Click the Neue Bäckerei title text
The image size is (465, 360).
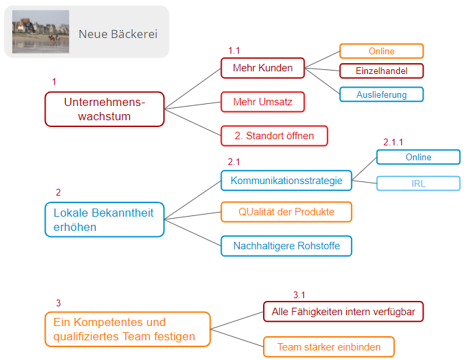118,33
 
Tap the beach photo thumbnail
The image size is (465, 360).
41,31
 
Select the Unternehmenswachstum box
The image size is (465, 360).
105,109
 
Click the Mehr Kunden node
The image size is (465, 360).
262,68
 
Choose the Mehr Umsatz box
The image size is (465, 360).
262,102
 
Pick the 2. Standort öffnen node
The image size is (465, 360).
274,136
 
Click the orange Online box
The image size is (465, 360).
381,51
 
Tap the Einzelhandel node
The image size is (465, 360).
381,71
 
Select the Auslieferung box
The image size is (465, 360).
381,94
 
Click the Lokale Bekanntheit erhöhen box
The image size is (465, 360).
105,219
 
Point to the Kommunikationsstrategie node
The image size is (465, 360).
286,181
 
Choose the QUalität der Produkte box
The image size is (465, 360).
286,212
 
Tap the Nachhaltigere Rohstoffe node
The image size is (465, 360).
286,246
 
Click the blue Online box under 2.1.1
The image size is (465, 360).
418,157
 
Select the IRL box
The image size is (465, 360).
418,183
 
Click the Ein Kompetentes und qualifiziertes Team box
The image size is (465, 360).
128,329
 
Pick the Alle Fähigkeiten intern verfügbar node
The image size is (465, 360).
343,312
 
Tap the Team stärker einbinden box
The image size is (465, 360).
328,347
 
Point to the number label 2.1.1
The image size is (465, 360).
393,142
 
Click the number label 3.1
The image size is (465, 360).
299,295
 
